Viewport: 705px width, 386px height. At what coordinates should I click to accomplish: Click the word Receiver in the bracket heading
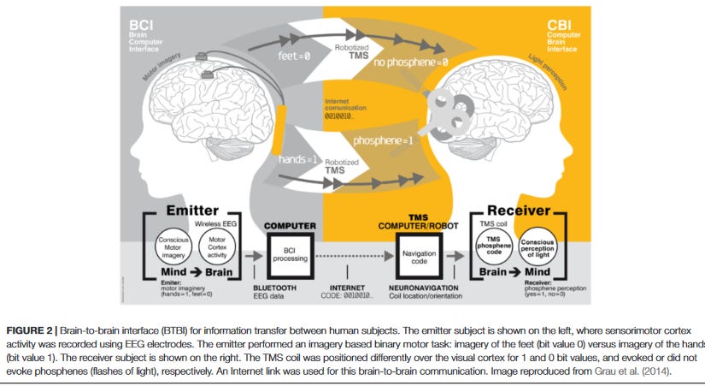pos(520,211)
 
